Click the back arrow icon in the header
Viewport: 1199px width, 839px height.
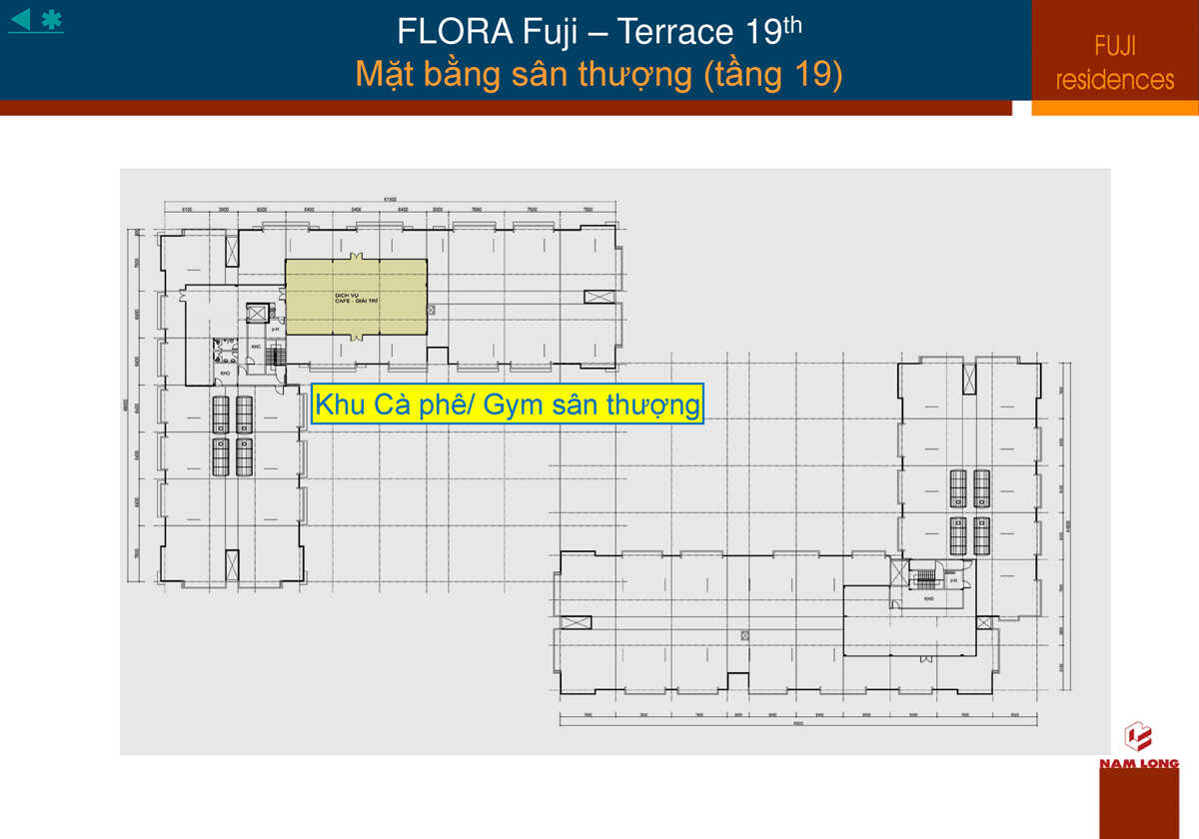20,18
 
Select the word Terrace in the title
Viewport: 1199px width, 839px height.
674,32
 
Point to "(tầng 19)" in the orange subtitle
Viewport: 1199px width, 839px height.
772,74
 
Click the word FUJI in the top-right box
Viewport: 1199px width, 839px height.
1115,46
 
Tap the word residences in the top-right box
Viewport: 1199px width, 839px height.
1115,80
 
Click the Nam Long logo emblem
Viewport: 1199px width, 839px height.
1138,737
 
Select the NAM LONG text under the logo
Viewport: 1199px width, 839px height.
1139,764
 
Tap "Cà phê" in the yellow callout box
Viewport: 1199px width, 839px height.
409,405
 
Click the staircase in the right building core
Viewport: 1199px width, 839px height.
925,578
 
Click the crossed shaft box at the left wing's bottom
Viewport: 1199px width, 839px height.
231,564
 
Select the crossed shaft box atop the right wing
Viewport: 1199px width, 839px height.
968,379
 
